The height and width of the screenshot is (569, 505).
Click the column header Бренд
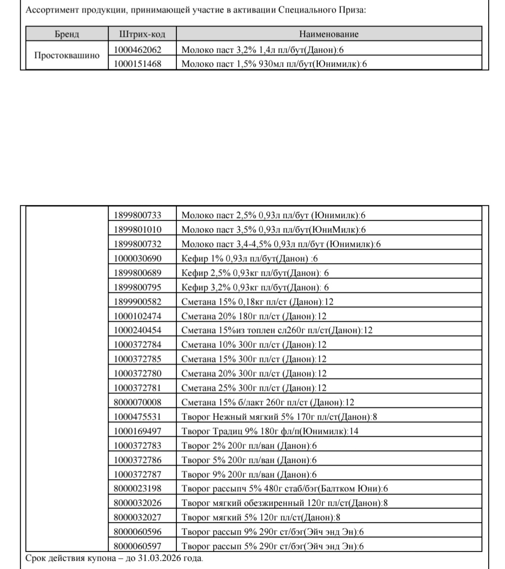pos(67,34)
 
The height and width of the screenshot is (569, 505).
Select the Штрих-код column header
pos(142,34)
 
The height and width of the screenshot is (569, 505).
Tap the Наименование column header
pos(329,34)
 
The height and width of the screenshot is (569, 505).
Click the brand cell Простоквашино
pos(67,56)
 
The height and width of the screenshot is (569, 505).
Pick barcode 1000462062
pos(138,50)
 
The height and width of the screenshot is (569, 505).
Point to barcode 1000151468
pos(138,64)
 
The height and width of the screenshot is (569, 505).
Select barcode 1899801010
pos(138,229)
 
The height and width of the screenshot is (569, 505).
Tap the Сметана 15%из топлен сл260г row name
pos(277,330)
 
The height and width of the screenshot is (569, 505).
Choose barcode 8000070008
pos(138,402)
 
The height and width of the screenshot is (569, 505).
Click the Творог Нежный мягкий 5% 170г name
pos(279,416)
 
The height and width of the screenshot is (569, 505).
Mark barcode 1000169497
pos(138,431)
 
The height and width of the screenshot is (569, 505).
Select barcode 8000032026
pos(138,503)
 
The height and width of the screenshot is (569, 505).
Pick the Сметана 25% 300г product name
pos(254,387)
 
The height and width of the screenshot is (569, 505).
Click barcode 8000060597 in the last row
pos(138,546)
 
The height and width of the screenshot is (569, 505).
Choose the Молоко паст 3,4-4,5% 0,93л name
pos(281,244)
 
